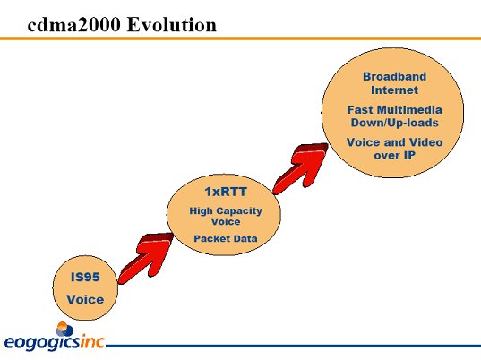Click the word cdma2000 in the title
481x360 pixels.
[73, 24]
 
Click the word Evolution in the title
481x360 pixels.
[172, 24]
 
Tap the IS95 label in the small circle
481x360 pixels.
[85, 278]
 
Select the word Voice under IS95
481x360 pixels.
[85, 300]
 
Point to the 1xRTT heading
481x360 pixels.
[226, 192]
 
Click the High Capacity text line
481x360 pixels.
[226, 211]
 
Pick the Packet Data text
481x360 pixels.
[226, 238]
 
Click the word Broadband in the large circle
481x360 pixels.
[394, 77]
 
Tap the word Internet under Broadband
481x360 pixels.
[394, 90]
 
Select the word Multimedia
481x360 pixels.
[409, 110]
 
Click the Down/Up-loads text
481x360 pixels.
[394, 123]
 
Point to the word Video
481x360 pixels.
[426, 142]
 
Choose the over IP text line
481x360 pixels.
[394, 156]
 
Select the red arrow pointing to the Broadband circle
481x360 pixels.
[301, 168]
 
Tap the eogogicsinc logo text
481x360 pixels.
[55, 342]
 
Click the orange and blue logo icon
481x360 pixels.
[64, 330]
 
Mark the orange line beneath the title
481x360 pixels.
[240, 39]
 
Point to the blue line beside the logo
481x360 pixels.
[293, 347]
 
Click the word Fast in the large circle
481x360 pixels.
[360, 110]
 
